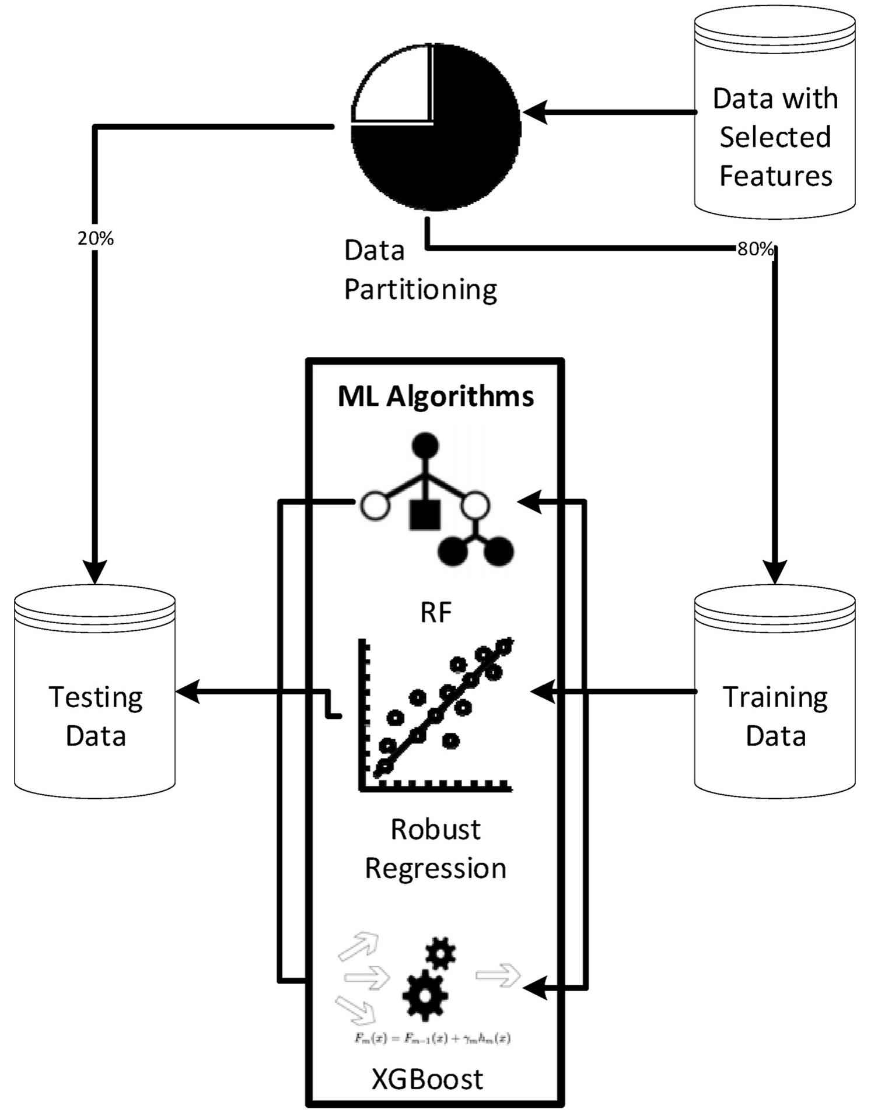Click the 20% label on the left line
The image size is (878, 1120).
click(96, 238)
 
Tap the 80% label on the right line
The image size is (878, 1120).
click(755, 250)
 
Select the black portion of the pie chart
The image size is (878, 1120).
click(461, 146)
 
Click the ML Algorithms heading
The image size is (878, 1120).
click(436, 397)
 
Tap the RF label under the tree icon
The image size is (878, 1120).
click(436, 613)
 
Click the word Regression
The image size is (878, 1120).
click(436, 868)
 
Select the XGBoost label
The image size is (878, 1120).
click(428, 1079)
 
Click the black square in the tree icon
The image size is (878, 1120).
click(425, 514)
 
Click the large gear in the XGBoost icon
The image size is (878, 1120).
click(425, 995)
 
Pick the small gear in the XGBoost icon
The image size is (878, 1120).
click(440, 953)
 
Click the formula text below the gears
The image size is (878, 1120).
click(432, 1038)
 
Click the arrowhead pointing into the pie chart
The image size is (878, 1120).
click(534, 112)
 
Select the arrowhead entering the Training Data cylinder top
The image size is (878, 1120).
click(775, 571)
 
